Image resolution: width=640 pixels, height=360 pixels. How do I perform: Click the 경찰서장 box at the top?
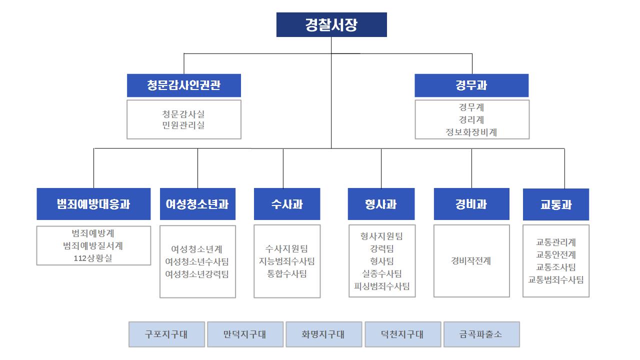[x=331, y=24]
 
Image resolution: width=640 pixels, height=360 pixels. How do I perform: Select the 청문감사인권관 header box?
[x=183, y=85]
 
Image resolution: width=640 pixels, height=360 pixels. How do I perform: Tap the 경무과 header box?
[x=471, y=85]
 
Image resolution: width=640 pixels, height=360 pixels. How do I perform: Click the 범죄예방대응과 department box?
[x=93, y=204]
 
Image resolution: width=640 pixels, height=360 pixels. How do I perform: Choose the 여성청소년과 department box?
[x=197, y=204]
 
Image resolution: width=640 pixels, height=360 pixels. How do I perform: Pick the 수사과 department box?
[x=287, y=204]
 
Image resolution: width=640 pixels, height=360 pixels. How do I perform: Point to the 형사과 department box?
[x=381, y=204]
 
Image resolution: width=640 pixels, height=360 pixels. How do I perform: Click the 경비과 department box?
[x=471, y=204]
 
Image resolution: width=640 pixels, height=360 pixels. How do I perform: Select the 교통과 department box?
[x=555, y=204]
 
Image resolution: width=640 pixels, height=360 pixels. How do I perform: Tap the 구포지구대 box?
[x=166, y=334]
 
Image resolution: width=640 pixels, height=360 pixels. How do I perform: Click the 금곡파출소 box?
[x=481, y=334]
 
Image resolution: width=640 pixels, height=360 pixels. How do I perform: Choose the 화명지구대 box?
[x=323, y=334]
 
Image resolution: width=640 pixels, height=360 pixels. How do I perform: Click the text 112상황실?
[x=93, y=258]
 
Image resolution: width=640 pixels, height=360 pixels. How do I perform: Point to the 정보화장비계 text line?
[x=471, y=132]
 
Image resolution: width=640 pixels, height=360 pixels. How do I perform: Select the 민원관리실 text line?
[x=183, y=125]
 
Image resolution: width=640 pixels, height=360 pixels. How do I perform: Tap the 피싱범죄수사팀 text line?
[x=381, y=286]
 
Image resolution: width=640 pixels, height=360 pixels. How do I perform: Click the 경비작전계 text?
[x=471, y=260]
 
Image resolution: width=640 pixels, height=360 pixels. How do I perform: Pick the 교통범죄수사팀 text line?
[x=555, y=279]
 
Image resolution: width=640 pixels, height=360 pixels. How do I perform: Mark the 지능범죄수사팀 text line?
[x=286, y=261]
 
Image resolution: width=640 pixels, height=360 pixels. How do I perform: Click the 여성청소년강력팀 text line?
[x=197, y=274]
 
